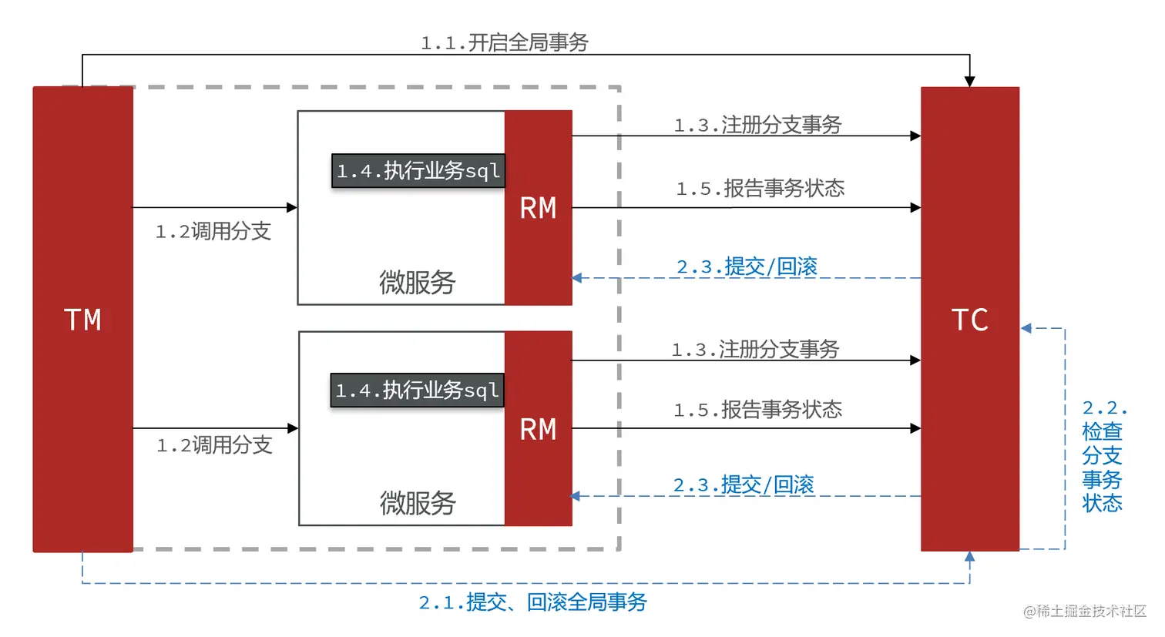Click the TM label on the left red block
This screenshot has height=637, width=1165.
point(82,320)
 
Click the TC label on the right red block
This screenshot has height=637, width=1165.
point(969,320)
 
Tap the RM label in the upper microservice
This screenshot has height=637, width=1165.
point(538,208)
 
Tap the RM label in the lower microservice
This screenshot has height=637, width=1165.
point(538,429)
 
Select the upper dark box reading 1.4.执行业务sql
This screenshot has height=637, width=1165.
point(418,171)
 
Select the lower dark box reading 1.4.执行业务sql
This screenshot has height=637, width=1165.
point(417,391)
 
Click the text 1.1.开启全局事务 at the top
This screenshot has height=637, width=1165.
point(504,42)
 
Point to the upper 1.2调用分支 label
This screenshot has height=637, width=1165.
point(213,231)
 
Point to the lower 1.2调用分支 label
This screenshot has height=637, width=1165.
point(214,444)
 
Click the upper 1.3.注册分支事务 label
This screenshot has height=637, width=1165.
point(757,125)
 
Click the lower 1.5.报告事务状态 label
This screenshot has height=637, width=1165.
point(757,410)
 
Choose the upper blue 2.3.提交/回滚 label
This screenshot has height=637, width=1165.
point(747,267)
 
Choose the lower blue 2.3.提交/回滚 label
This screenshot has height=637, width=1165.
point(744,484)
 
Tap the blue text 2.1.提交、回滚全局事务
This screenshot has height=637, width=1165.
point(532,602)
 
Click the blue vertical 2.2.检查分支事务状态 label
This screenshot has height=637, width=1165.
point(1103,456)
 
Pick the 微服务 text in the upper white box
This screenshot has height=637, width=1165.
point(417,283)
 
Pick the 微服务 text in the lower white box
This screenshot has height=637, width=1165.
point(418,503)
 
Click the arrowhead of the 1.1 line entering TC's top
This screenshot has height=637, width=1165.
point(969,81)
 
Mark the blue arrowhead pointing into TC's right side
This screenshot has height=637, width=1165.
point(1026,328)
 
